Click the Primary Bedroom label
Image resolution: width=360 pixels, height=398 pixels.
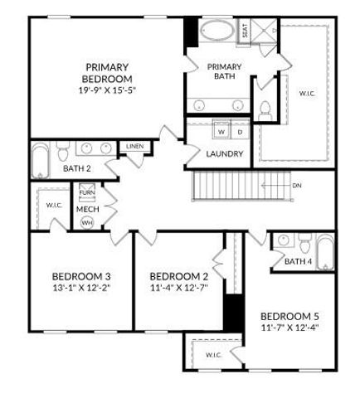click(106, 73)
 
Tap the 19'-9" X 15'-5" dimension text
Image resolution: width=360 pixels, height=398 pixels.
click(106, 90)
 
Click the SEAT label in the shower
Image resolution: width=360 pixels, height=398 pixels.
click(245, 32)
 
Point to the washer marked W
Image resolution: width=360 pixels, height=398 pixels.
click(221, 132)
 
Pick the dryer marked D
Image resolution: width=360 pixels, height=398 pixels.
click(240, 132)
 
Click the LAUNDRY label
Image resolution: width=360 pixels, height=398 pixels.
click(225, 153)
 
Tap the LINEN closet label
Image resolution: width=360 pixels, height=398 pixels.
click(135, 147)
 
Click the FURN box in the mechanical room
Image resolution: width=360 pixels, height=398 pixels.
click(87, 193)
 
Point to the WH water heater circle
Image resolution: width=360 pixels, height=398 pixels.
click(87, 222)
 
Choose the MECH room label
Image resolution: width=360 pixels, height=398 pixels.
click(87, 209)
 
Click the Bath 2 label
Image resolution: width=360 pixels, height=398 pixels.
click(77, 168)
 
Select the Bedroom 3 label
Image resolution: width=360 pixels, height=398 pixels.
click(80, 276)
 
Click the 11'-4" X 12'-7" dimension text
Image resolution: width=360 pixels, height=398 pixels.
click(178, 289)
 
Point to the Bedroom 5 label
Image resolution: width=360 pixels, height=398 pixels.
click(289, 316)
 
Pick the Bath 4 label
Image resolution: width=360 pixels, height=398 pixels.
click(299, 262)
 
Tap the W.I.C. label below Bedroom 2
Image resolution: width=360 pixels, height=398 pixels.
click(212, 355)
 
